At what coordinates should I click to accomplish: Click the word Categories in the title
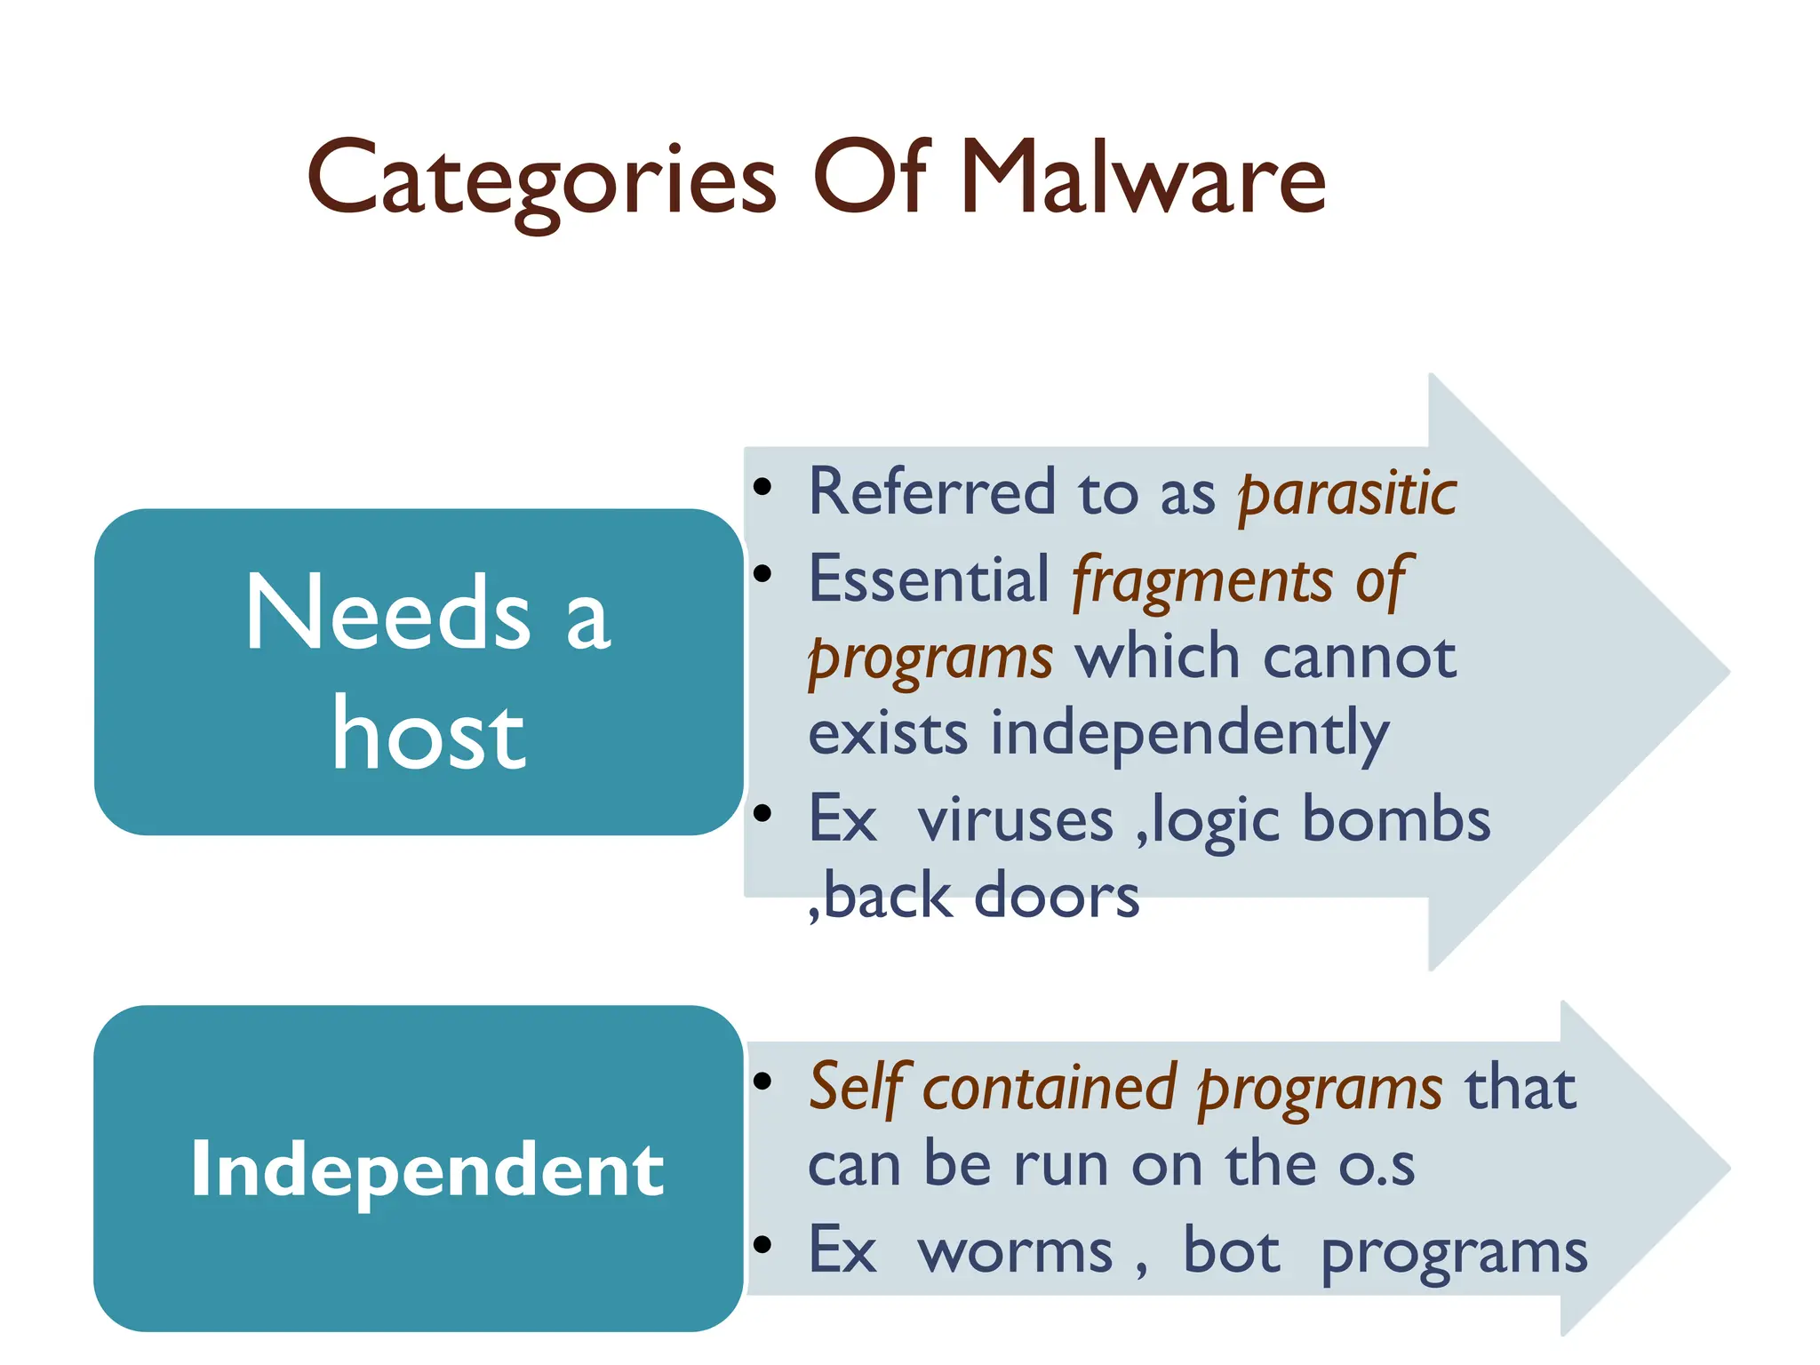pos(541,180)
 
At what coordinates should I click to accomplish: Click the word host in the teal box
pos(428,735)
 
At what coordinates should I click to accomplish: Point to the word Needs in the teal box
pos(387,612)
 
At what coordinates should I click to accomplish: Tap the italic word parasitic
pos(1347,494)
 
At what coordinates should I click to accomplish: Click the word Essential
pos(929,579)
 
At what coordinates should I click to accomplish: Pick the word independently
pos(1190,735)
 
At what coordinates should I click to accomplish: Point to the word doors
pos(1057,896)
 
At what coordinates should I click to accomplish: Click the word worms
pos(1015,1252)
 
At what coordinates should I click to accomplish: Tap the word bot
pos(1232,1250)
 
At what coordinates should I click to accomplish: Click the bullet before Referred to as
pos(762,486)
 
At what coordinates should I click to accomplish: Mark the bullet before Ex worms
pos(762,1244)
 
